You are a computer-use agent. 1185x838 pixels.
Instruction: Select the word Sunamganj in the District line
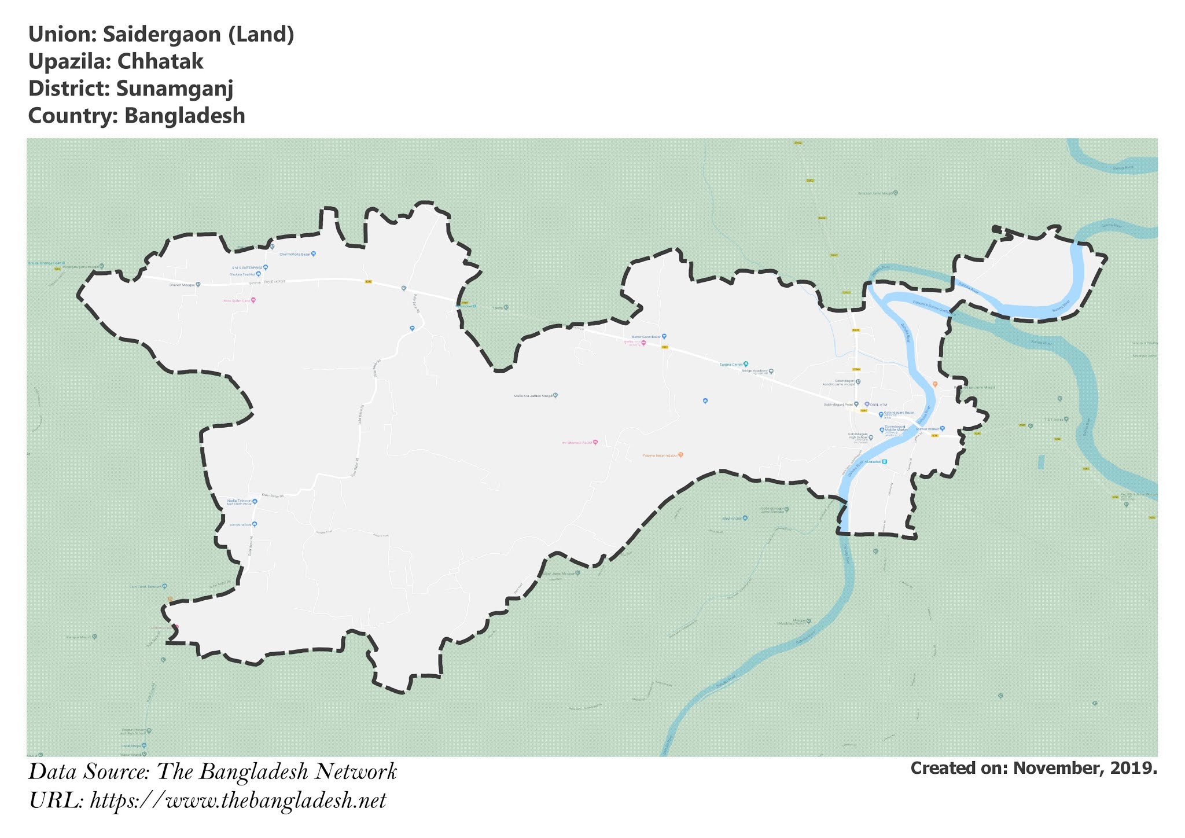[x=174, y=89]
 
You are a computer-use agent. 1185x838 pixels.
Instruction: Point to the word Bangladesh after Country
[x=185, y=116]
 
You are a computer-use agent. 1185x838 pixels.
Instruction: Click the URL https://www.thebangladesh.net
[x=238, y=801]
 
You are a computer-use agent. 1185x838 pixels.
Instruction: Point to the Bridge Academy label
[x=755, y=371]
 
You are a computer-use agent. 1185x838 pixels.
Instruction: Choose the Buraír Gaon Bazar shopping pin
[x=664, y=336]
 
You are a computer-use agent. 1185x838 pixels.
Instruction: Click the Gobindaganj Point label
[x=838, y=405]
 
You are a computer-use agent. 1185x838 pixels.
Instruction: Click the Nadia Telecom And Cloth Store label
[x=239, y=502]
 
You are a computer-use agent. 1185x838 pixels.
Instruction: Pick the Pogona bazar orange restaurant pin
[x=680, y=455]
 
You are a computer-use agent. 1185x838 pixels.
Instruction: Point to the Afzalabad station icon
[x=884, y=461]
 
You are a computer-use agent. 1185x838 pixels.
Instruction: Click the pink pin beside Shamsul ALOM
[x=595, y=443]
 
